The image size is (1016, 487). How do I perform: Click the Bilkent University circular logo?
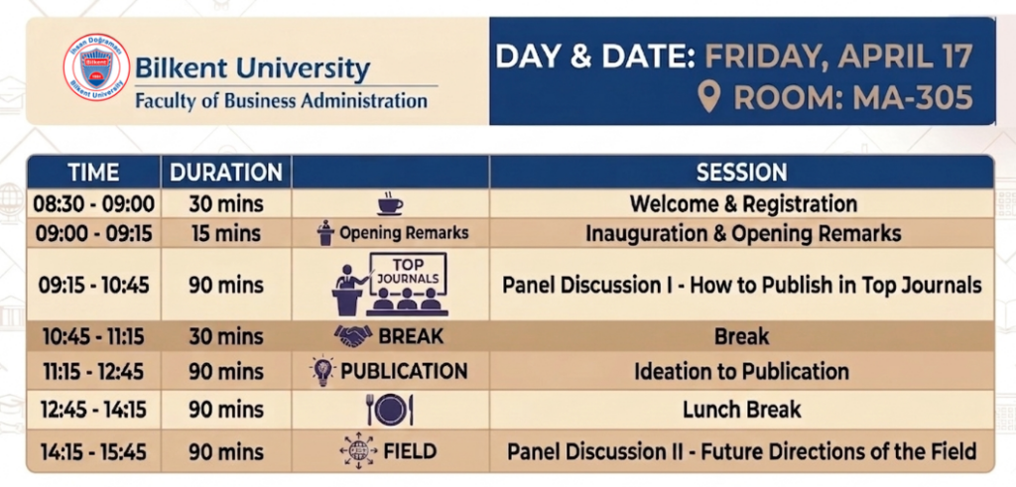(96, 67)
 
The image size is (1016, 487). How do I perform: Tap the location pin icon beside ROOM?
(710, 97)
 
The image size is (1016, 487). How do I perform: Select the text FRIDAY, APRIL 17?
(838, 57)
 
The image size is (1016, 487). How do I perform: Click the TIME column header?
(94, 173)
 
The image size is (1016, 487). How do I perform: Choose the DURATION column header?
(226, 173)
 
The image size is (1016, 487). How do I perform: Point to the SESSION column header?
(742, 173)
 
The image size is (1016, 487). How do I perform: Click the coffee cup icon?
(390, 203)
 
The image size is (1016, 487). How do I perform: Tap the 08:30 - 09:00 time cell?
(94, 204)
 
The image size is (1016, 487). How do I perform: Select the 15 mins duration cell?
(226, 233)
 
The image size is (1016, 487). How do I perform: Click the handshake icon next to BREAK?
(353, 335)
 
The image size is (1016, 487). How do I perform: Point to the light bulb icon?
(322, 372)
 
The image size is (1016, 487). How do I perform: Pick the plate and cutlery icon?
(390, 410)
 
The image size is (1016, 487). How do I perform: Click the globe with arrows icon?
(358, 450)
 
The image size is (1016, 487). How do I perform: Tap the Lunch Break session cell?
(742, 410)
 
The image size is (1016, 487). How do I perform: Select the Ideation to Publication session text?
(742, 372)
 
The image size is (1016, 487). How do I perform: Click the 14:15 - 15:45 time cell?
(94, 451)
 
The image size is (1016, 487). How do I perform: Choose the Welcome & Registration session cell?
(742, 204)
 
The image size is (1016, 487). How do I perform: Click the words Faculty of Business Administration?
(281, 101)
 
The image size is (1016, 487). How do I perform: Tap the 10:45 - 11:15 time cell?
(94, 336)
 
